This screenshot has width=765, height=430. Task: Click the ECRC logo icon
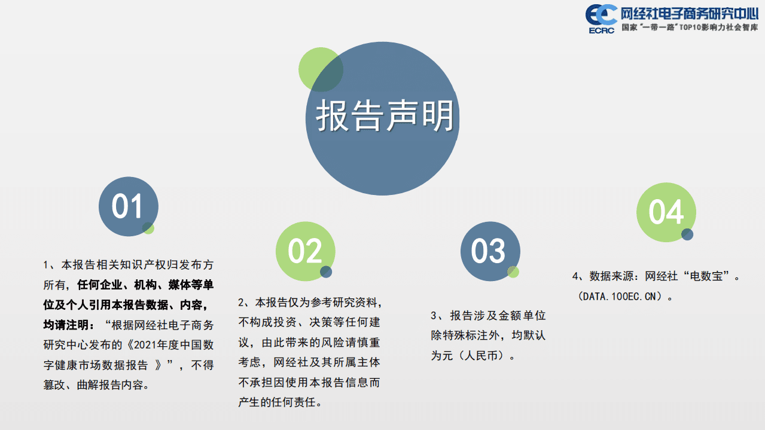(x=601, y=17)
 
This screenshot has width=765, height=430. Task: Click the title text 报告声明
(x=385, y=115)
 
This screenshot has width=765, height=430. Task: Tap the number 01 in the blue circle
(x=128, y=207)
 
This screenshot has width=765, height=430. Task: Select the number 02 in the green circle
(x=305, y=251)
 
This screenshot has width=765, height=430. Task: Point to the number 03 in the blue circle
(x=489, y=251)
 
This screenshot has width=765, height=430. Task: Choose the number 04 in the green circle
(x=666, y=212)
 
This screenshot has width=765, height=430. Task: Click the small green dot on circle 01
(x=148, y=228)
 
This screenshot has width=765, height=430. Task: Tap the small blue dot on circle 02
(x=326, y=272)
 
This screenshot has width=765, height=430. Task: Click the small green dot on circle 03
(x=513, y=272)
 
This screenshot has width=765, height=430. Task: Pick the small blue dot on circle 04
(x=687, y=234)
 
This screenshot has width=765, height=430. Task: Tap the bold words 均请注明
(x=68, y=325)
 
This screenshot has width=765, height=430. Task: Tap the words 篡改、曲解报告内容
(x=96, y=385)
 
